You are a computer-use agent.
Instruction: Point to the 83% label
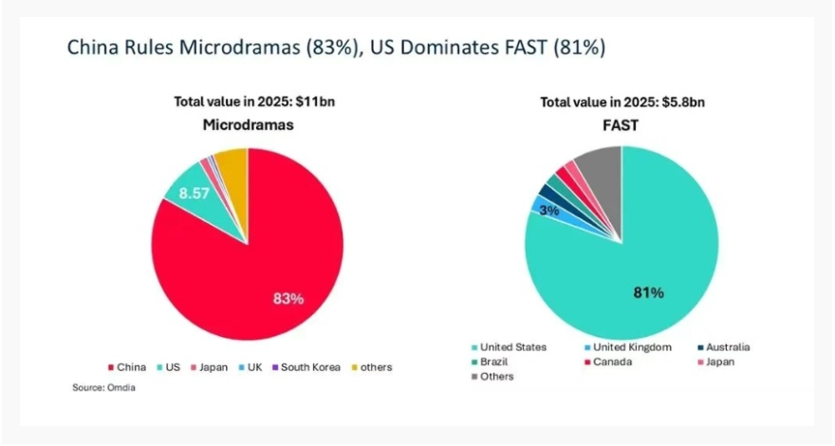click(x=288, y=299)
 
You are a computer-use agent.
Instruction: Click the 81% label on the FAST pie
click(x=648, y=292)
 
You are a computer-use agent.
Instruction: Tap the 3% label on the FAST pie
click(x=548, y=211)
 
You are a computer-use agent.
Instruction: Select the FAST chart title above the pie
click(x=622, y=125)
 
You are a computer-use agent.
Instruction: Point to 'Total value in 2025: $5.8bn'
click(x=622, y=102)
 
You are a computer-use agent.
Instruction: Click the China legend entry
click(x=131, y=366)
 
